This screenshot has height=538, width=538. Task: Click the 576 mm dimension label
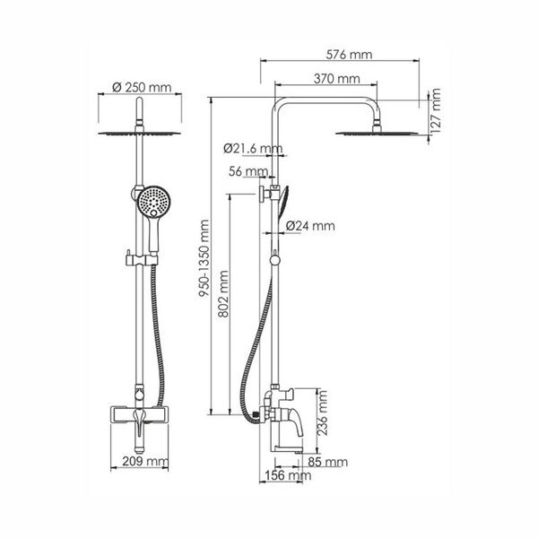(x=349, y=55)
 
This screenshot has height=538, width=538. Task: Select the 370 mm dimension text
(x=337, y=79)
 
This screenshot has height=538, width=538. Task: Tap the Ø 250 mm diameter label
(x=142, y=87)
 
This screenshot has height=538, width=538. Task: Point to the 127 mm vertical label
(x=435, y=111)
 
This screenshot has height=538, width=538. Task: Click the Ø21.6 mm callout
(x=253, y=148)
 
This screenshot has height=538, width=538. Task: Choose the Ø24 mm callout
(x=310, y=226)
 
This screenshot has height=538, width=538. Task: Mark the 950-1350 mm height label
(x=204, y=258)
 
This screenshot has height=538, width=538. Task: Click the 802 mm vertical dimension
(x=223, y=294)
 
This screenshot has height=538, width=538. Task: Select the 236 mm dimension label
(x=322, y=413)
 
